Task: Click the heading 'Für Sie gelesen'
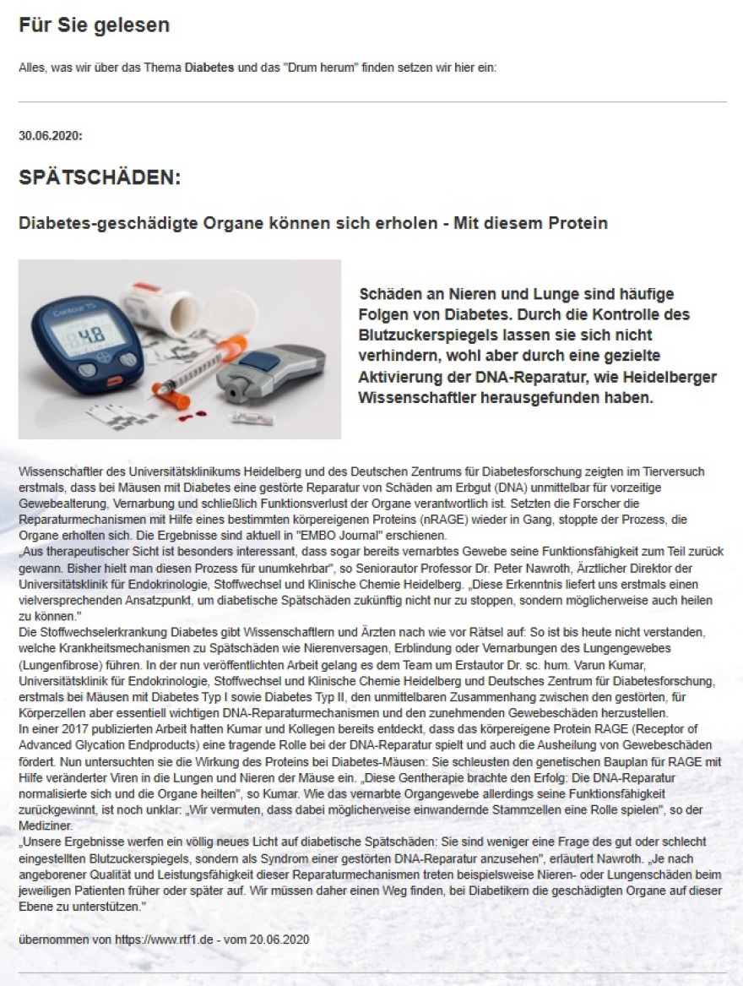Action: [x=94, y=25]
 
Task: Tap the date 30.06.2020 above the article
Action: [x=50, y=135]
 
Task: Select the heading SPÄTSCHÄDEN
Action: [x=100, y=179]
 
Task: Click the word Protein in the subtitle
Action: [x=579, y=224]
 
